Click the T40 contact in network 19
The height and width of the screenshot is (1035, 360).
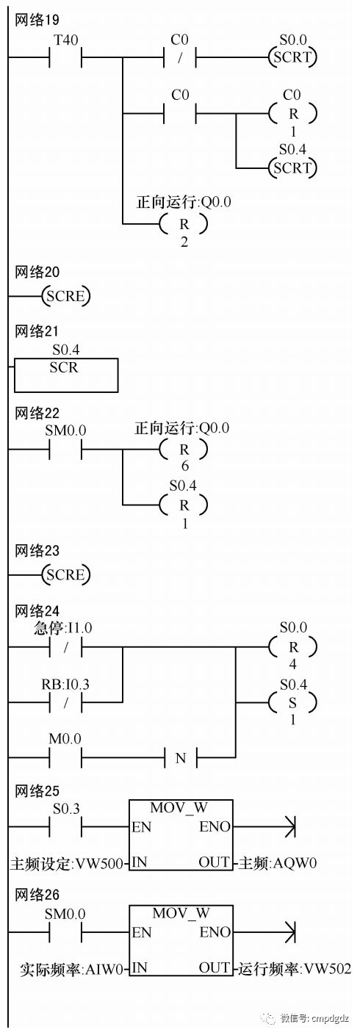click(x=65, y=58)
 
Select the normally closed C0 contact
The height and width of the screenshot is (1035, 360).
click(x=180, y=58)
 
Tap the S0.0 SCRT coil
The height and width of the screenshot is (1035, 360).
click(x=292, y=57)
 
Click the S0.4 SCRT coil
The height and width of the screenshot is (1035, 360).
click(x=292, y=167)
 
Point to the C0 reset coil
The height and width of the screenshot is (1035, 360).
click(x=292, y=113)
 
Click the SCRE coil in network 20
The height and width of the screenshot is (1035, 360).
click(x=66, y=296)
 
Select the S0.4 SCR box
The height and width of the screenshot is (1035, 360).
click(x=66, y=375)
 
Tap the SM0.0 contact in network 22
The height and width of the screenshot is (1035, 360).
click(x=65, y=449)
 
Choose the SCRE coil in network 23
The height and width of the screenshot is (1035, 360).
click(x=66, y=574)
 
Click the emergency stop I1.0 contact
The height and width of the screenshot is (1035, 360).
click(x=65, y=647)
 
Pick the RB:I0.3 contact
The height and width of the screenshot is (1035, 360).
click(x=65, y=703)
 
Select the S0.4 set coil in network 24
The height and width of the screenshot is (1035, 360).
click(x=292, y=703)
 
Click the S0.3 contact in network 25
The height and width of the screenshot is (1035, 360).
click(x=65, y=826)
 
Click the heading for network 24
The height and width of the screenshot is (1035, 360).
click(x=37, y=611)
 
